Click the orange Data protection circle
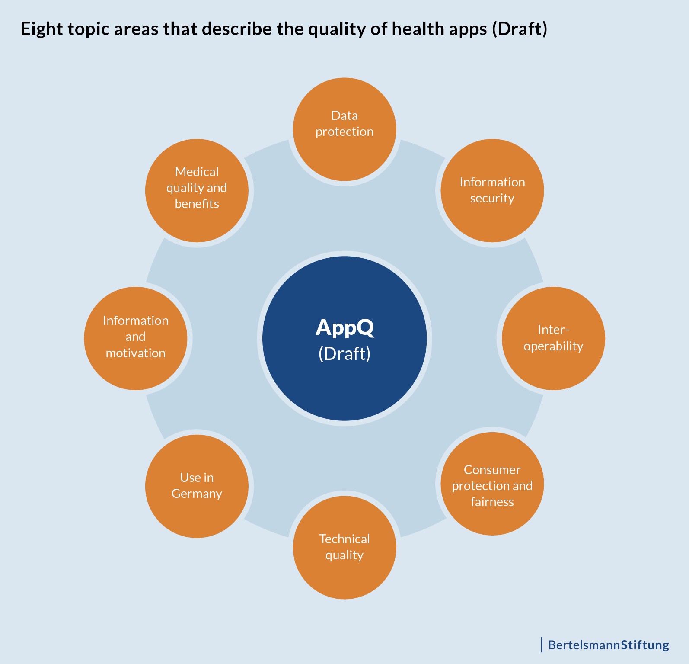tap(344, 129)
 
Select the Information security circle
tap(492, 190)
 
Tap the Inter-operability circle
tap(553, 338)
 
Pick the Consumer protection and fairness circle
tap(492, 484)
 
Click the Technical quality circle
tap(344, 547)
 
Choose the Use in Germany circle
tap(197, 486)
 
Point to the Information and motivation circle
tap(136, 338)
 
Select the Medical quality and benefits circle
tap(197, 190)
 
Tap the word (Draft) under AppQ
tap(344, 354)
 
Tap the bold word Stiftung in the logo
tap(645, 645)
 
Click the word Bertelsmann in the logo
tap(584, 645)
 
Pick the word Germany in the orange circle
tap(197, 494)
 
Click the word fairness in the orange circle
tap(492, 502)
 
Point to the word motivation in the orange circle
tap(136, 353)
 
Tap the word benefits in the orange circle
tap(197, 203)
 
